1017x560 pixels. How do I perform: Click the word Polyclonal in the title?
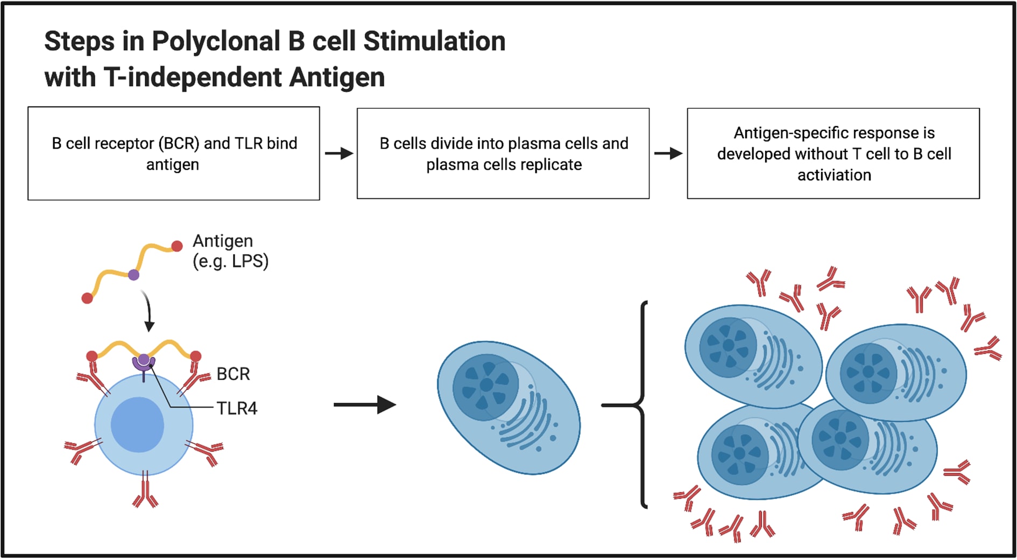point(216,42)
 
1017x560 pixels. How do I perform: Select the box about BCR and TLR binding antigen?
point(173,153)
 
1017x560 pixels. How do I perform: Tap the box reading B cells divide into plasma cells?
point(503,153)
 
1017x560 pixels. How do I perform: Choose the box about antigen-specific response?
point(833,153)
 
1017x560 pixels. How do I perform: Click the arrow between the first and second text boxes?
point(338,153)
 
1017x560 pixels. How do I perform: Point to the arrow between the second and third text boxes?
point(668,153)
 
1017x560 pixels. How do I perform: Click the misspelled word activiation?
point(834,175)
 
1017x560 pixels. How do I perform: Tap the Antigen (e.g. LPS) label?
point(230,251)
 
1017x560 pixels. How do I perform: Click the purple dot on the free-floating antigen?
point(133,275)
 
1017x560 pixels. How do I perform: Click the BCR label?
point(233,374)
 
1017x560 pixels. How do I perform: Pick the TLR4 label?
point(237,409)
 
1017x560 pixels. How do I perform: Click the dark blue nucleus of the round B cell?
point(138,425)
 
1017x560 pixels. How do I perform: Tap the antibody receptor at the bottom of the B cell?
point(145,491)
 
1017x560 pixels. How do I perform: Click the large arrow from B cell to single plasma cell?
point(364,404)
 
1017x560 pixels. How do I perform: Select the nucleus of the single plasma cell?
point(485,385)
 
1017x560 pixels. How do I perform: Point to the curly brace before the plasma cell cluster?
point(641,405)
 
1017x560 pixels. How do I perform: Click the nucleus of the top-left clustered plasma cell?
point(728,345)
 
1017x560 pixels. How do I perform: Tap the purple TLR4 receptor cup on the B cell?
point(144,362)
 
